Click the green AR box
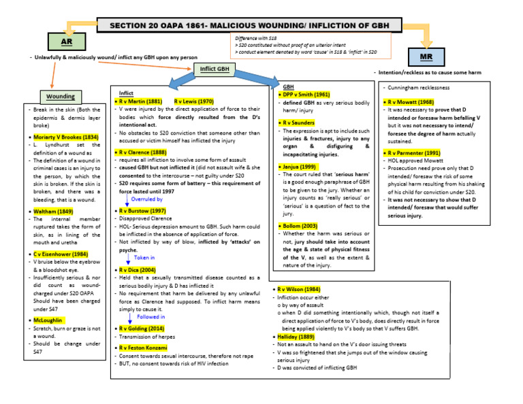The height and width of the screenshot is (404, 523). point(67,41)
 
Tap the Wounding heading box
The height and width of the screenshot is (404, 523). point(61,97)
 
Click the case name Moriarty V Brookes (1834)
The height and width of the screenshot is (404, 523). point(66,137)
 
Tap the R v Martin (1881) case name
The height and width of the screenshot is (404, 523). point(141,101)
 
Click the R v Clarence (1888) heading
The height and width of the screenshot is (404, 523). point(144,153)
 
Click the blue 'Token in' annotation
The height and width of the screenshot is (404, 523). point(144,258)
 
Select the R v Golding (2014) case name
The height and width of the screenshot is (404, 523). point(144,329)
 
